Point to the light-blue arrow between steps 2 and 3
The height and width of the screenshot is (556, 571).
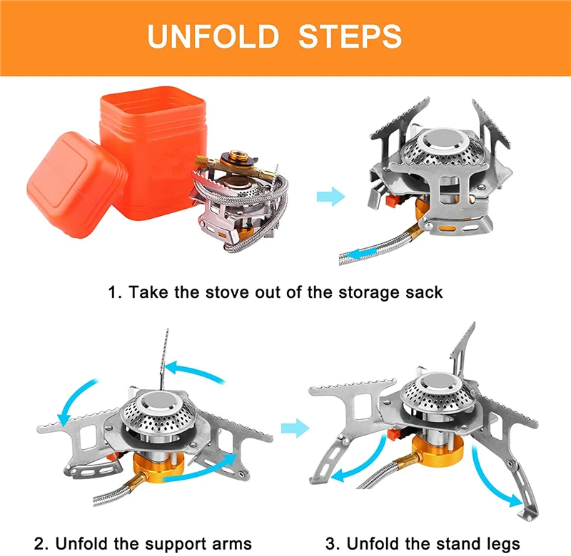(293, 428)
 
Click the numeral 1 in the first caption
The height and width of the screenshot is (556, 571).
(111, 292)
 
